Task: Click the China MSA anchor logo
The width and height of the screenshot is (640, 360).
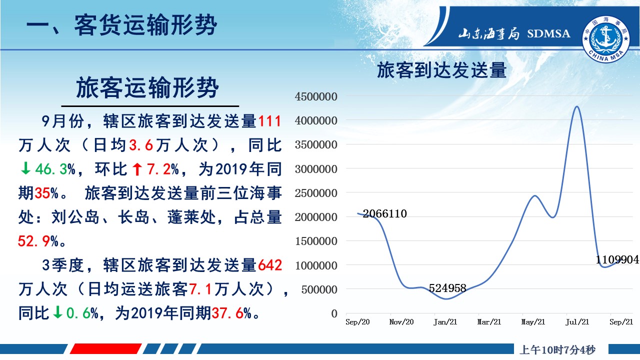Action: coord(606,39)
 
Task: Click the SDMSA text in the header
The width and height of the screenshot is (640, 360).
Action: coord(548,33)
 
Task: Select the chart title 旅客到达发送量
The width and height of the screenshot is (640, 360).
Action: coord(441,70)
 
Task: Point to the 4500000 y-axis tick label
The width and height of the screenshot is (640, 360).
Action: coord(316,96)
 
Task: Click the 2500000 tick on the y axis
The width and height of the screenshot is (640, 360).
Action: coord(316,193)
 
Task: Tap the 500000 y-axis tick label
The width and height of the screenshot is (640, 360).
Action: coord(319,289)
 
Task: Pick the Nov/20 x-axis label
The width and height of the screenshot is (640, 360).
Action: coord(401,322)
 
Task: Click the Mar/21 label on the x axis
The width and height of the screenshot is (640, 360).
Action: coord(489,322)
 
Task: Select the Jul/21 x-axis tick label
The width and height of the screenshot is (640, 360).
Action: coord(577,322)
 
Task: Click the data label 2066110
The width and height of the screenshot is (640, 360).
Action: coord(384,213)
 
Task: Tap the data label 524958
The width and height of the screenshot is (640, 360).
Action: coord(447,288)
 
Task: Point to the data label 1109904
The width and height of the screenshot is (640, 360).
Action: coord(617,259)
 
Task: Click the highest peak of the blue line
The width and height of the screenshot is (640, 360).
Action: coord(576,106)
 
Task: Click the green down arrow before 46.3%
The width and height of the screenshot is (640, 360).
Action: coord(25,168)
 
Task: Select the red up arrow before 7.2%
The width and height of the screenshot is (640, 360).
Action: coord(137,169)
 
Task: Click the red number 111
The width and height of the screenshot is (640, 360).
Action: coord(269,121)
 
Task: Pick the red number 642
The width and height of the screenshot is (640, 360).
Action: coord(270,265)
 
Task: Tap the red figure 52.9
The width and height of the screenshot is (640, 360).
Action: coord(33,241)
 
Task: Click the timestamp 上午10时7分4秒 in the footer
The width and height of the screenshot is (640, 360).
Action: coord(557,349)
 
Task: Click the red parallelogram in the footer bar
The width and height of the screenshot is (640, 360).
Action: coord(105,349)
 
